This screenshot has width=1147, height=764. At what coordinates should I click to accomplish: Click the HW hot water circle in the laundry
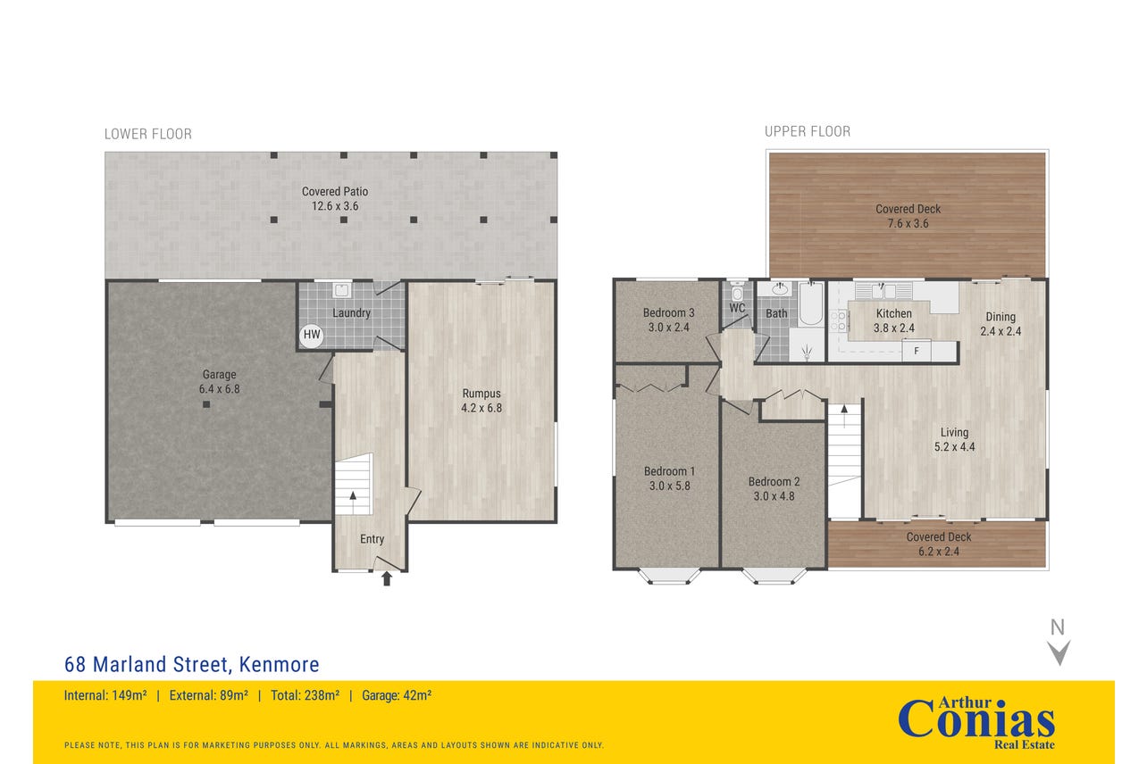tap(312, 336)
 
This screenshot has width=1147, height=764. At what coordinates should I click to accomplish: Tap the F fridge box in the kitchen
tap(917, 351)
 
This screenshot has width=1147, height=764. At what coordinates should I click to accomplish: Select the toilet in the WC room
tap(737, 292)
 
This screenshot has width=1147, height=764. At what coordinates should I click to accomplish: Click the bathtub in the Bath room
tap(810, 304)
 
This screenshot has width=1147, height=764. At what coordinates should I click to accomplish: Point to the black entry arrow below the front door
tap(387, 578)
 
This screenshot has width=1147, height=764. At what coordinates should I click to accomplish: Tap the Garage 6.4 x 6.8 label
tap(219, 382)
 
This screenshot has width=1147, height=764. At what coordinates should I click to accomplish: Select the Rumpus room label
tap(481, 401)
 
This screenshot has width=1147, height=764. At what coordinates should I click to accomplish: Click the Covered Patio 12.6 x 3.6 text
tap(335, 198)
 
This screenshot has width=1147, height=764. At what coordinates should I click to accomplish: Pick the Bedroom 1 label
tap(669, 478)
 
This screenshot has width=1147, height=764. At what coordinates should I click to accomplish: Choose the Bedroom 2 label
tap(774, 489)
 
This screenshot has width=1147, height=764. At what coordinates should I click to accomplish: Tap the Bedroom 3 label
tap(669, 320)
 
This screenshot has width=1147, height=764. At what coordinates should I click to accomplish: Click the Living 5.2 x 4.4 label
tap(954, 440)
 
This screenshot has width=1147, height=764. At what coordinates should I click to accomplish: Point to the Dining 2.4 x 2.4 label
tap(1000, 324)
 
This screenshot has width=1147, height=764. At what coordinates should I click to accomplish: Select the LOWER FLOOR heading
tap(148, 134)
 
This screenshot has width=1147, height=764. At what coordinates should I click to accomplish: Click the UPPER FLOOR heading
tap(808, 131)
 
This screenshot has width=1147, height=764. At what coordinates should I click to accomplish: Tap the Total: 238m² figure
tap(306, 695)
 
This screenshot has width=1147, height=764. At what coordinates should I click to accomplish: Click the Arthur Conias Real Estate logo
tap(976, 723)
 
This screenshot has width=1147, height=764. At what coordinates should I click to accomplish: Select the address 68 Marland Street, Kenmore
tap(191, 665)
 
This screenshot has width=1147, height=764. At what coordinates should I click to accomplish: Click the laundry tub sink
tap(341, 290)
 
